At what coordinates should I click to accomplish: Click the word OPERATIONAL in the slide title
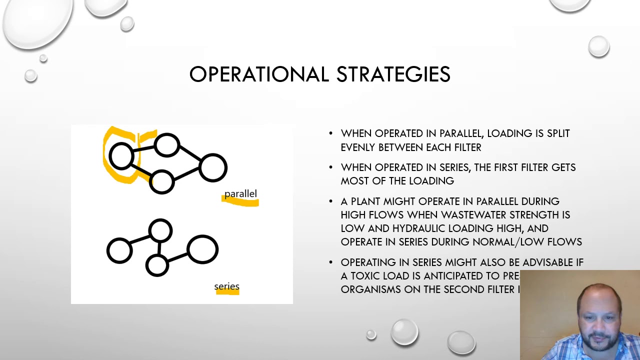258,74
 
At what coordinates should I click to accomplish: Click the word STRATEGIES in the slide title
393,74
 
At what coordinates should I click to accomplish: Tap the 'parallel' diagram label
240,194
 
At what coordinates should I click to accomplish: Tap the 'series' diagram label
226,286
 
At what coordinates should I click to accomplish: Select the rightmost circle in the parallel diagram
213,167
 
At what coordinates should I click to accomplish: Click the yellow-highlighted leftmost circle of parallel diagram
121,156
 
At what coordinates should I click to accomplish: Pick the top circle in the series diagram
160,231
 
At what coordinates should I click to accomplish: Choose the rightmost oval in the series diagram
202,249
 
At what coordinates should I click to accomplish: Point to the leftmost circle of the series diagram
119,250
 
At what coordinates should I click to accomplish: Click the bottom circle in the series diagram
157,265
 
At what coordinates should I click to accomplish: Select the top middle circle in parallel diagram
166,145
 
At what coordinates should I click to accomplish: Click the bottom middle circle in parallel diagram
161,181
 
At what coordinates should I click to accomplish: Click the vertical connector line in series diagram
158,248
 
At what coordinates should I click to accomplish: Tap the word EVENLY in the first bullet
358,147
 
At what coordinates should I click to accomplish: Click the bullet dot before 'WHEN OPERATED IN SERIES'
331,167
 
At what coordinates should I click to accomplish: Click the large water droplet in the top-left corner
37,22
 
